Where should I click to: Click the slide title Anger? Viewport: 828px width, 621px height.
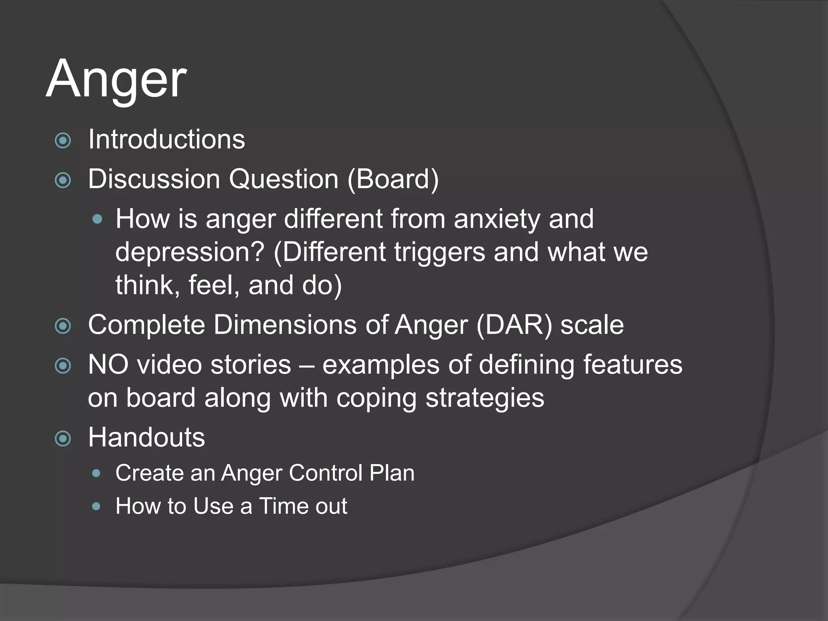coord(116,79)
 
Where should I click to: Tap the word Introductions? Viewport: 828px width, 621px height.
coord(167,139)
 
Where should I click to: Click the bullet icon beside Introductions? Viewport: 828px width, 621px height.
coord(63,141)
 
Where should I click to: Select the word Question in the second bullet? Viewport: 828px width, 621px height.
coord(283,179)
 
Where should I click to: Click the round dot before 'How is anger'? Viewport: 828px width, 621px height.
coord(97,220)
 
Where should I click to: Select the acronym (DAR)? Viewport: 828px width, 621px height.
coord(514,325)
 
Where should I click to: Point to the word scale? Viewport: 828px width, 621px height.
coord(592,325)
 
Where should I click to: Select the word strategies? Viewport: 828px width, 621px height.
coord(485,398)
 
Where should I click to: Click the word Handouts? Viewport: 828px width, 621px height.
coord(146,437)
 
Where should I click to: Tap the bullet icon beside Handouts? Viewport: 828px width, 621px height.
coord(63,439)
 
